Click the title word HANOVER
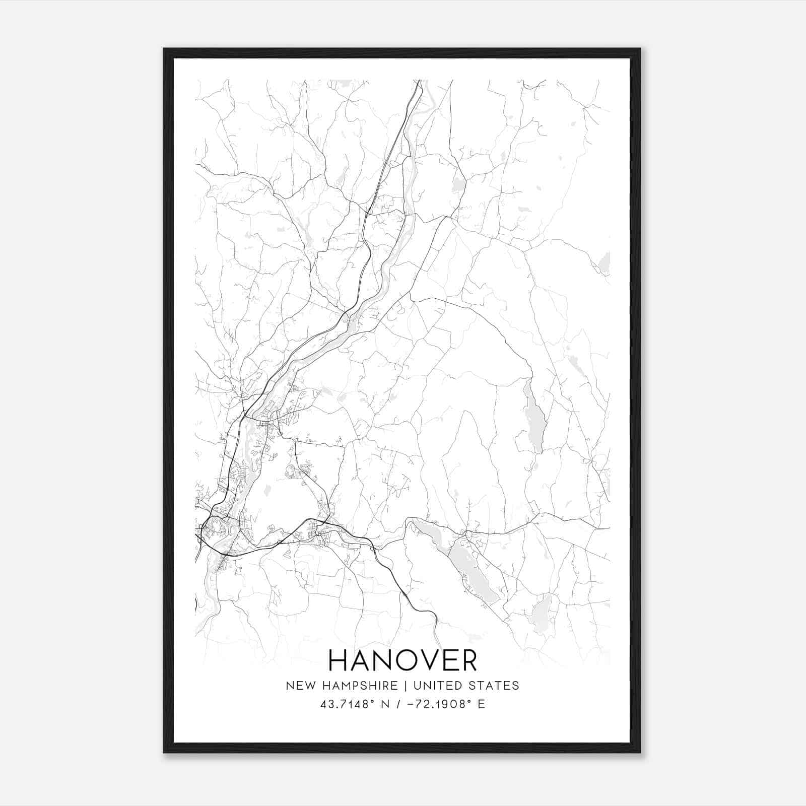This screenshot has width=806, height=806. [x=402, y=660]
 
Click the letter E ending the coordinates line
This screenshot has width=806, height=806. [x=482, y=704]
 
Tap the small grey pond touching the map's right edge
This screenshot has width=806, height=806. [x=604, y=263]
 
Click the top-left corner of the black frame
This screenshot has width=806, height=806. [x=165, y=49]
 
